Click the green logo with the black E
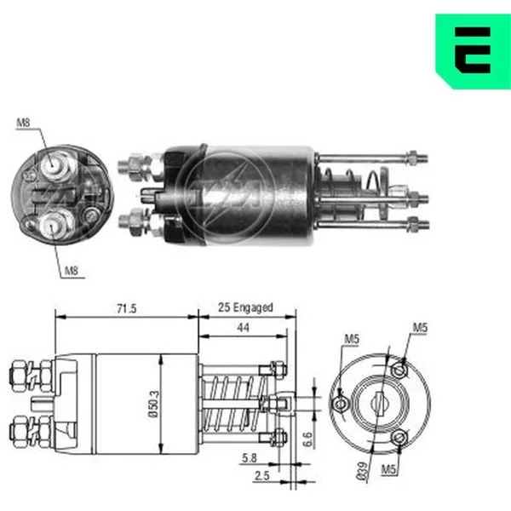point(474,51)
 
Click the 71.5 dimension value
point(127,308)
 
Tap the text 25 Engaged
point(245,307)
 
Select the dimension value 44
point(243,328)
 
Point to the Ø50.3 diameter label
point(154,404)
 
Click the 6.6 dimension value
point(307,439)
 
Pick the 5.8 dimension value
point(250,458)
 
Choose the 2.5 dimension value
point(262,476)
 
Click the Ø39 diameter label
point(362,471)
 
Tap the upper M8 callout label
point(23,123)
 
